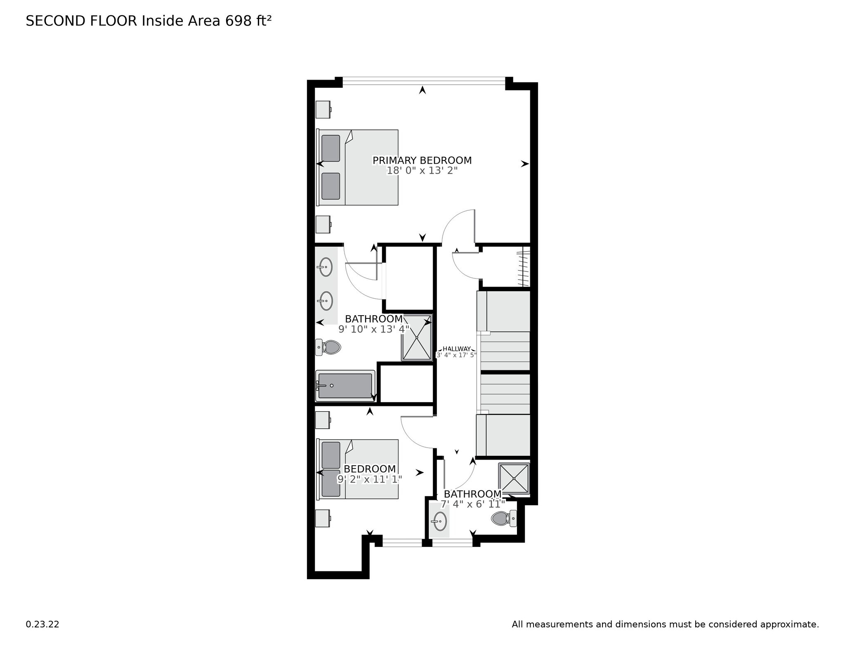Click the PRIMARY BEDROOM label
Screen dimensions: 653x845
tap(422, 160)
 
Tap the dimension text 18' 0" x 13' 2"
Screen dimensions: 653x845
tap(422, 171)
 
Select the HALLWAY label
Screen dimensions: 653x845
tap(456, 349)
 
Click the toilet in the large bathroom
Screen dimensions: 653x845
tap(328, 347)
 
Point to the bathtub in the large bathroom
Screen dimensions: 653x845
tap(345, 386)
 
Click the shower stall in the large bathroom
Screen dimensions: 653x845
tap(417, 337)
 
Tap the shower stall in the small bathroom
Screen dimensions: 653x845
tap(514, 478)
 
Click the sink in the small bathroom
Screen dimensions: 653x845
tap(439, 522)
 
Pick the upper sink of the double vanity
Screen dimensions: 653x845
tap(326, 267)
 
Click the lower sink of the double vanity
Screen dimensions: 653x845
tap(326, 301)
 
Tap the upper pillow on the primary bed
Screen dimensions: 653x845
tap(330, 149)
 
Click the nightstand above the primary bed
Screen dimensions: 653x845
tap(323, 109)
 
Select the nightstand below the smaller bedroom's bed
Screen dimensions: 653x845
tap(323, 518)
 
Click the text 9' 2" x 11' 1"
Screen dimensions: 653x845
tap(369, 479)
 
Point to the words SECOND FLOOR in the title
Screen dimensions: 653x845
tap(81, 21)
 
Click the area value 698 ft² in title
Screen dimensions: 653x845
tap(248, 21)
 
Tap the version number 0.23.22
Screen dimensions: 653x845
tap(42, 625)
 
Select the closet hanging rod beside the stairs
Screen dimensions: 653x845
tap(524, 266)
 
